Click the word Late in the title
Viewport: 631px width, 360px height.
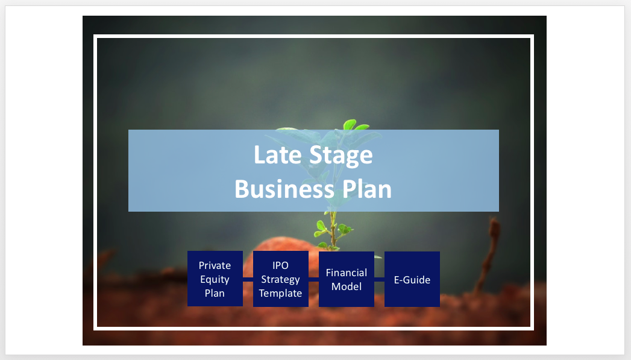click(x=277, y=155)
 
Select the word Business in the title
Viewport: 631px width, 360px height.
click(x=284, y=189)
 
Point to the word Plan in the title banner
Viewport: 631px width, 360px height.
click(x=366, y=189)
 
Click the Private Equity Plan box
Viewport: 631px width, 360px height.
click(x=215, y=279)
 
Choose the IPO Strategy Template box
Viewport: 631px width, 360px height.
click(x=280, y=279)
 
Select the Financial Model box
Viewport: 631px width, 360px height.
click(x=346, y=279)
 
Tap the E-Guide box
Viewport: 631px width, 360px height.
click(x=412, y=279)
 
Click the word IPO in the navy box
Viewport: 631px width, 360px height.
click(x=280, y=265)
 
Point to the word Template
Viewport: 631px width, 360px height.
click(x=280, y=293)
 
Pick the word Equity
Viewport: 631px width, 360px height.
click(x=215, y=279)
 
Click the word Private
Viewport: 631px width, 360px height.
click(x=215, y=265)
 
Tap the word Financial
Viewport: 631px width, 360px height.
click(x=346, y=273)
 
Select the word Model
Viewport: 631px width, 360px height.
click(x=346, y=286)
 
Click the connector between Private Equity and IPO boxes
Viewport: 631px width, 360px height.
click(x=248, y=279)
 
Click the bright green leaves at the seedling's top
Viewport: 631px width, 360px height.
click(x=355, y=125)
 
